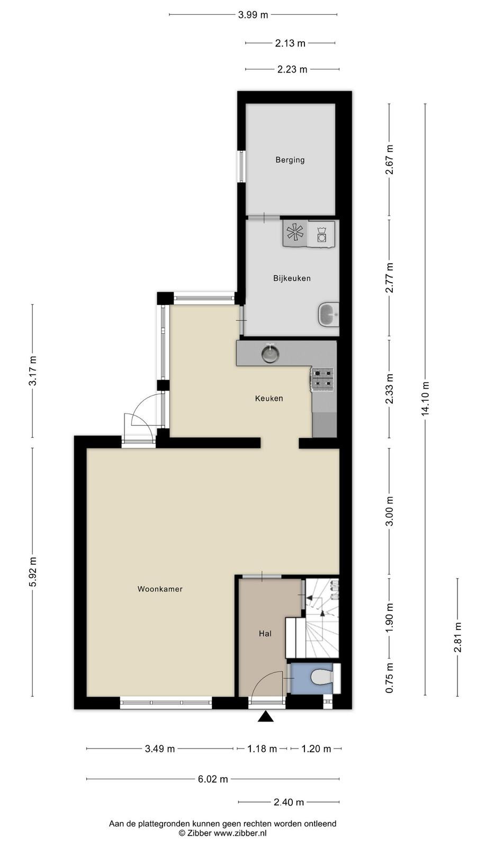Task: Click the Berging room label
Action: (x=290, y=160)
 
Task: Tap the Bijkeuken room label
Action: (x=292, y=278)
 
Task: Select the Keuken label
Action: (x=269, y=398)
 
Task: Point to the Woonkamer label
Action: (x=160, y=589)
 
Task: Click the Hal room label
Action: (x=265, y=633)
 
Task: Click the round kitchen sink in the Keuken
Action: (x=271, y=354)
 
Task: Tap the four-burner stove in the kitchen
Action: (x=322, y=379)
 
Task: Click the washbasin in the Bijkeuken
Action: (x=328, y=314)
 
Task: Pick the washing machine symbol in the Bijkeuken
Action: (x=321, y=235)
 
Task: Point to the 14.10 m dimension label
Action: (x=426, y=399)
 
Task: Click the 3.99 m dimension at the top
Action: (x=253, y=15)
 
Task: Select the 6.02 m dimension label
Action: (x=213, y=779)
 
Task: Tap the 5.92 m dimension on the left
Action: (x=33, y=572)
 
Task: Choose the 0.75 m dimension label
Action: (x=390, y=678)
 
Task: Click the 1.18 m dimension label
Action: (x=262, y=749)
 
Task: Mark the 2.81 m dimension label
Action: (x=458, y=637)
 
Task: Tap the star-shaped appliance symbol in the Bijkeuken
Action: (x=295, y=232)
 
